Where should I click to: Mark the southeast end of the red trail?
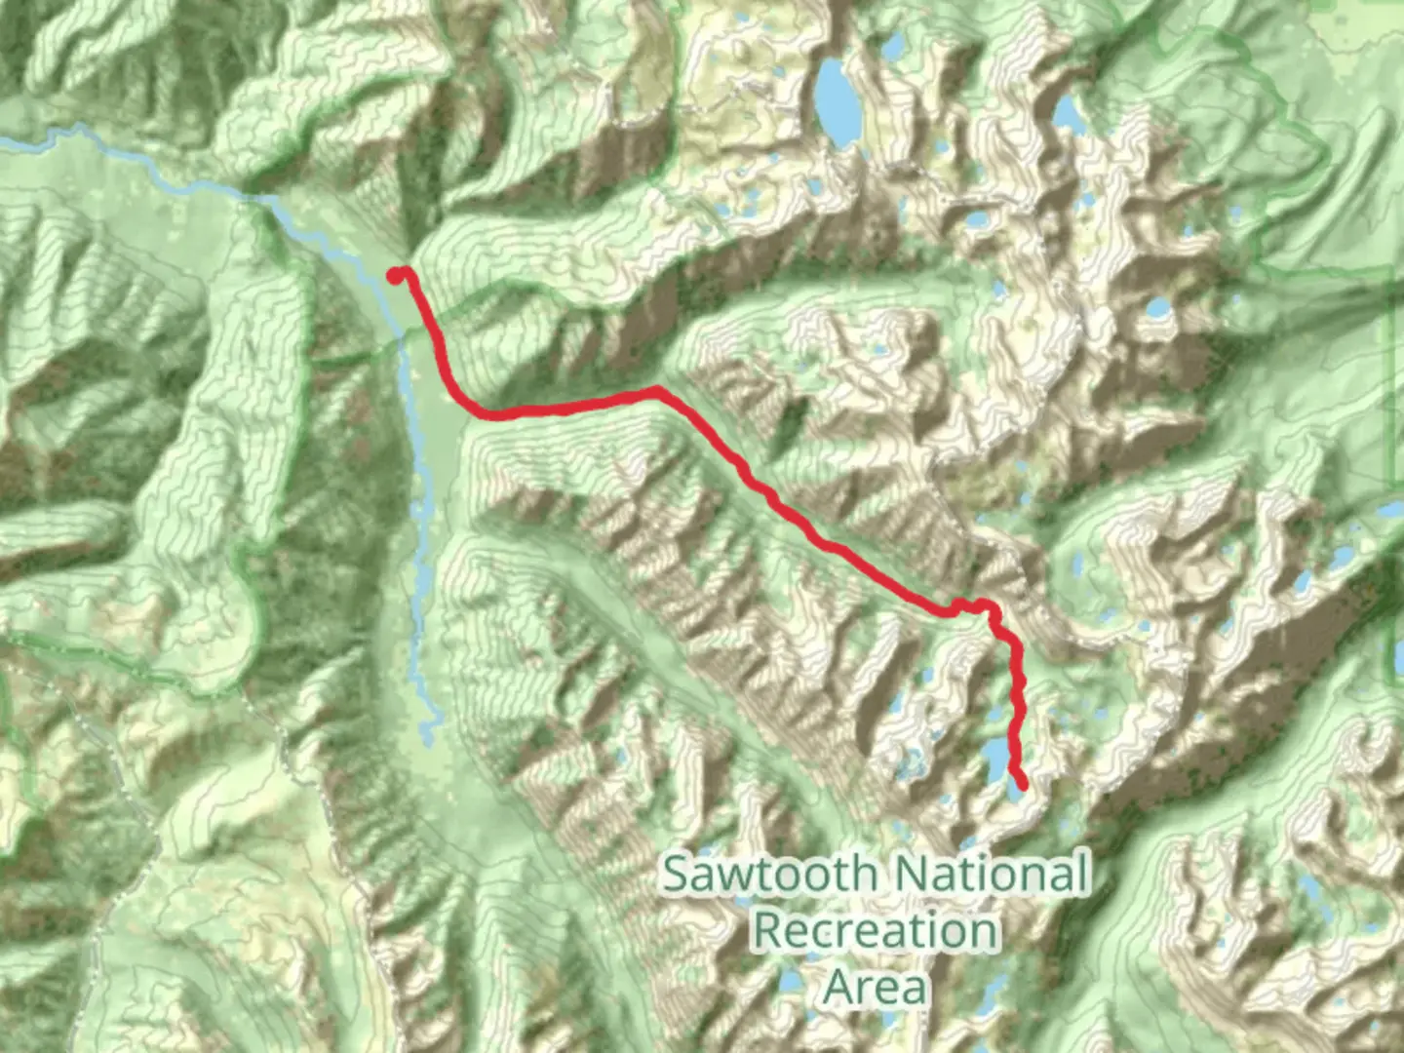(1022, 785)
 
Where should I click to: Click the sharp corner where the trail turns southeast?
(657, 391)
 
